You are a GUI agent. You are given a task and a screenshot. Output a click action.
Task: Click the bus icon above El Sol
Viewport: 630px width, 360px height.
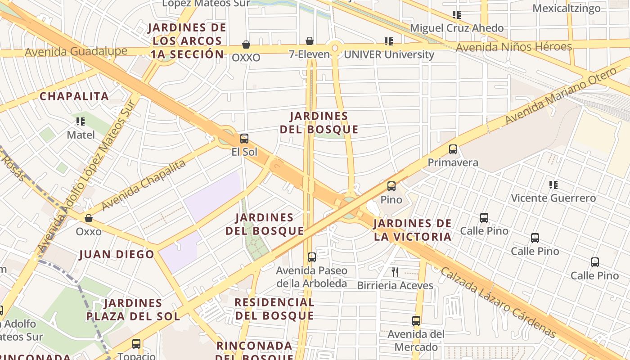(244, 139)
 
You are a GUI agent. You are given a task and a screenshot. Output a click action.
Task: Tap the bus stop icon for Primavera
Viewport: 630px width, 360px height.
(453, 149)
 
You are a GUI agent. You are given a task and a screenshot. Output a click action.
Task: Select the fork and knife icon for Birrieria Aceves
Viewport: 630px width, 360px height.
(395, 272)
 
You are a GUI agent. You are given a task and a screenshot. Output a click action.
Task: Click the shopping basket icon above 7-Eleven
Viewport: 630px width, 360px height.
(310, 41)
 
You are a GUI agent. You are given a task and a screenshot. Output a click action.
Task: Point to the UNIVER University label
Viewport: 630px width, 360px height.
(389, 55)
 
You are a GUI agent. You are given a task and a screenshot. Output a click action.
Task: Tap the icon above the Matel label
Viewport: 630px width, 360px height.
(81, 121)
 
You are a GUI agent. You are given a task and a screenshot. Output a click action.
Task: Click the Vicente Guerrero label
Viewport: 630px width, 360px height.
(553, 198)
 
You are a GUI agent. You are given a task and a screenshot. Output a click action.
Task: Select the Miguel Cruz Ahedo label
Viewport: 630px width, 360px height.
(456, 28)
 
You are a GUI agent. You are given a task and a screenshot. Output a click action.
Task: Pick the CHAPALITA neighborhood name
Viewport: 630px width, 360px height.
(74, 96)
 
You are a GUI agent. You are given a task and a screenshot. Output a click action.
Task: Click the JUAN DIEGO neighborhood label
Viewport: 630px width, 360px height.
(117, 254)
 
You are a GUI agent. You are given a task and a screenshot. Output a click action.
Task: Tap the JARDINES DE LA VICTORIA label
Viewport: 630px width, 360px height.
(412, 230)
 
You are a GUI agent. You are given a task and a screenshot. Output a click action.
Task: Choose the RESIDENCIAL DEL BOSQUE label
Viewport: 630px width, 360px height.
(274, 309)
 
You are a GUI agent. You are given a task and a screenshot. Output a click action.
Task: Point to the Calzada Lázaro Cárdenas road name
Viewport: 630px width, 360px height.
(499, 302)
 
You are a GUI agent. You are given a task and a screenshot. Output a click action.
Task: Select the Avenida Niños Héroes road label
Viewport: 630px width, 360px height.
(513, 47)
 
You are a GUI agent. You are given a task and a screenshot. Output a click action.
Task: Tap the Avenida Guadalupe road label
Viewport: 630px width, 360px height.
(76, 51)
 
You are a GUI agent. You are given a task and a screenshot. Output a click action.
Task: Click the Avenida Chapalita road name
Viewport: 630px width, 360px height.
(144, 185)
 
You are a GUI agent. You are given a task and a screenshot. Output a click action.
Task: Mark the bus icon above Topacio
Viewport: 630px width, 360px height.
(136, 344)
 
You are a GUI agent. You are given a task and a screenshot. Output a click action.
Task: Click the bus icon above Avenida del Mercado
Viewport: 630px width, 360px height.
(416, 321)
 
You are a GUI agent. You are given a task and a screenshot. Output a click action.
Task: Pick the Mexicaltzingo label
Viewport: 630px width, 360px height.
(566, 9)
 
